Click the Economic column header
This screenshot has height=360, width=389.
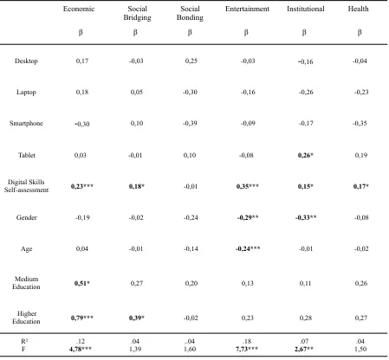pyautogui.click(x=79, y=9)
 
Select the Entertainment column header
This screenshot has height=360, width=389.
pyautogui.click(x=247, y=9)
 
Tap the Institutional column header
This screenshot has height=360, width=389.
pyautogui.click(x=306, y=9)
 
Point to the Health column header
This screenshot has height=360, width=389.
pyautogui.click(x=358, y=9)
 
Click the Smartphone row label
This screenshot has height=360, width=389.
pyautogui.click(x=26, y=124)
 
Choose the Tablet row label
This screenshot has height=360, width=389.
pyautogui.click(x=27, y=155)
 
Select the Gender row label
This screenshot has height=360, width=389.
pyautogui.click(x=27, y=217)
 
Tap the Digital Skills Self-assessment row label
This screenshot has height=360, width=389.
pyautogui.click(x=26, y=186)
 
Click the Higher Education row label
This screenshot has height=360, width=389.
pyautogui.click(x=26, y=318)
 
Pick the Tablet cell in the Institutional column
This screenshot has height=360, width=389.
pyautogui.click(x=306, y=155)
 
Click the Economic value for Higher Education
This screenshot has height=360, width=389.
pyautogui.click(x=82, y=318)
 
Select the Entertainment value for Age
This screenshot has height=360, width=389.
pyautogui.click(x=248, y=248)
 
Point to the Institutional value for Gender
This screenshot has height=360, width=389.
pyautogui.click(x=306, y=217)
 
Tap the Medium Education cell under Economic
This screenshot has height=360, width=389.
pyautogui.click(x=82, y=283)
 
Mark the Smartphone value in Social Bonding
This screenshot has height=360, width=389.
pyautogui.click(x=190, y=124)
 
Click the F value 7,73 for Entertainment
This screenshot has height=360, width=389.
pyautogui.click(x=247, y=349)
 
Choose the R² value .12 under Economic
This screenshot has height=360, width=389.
pyautogui.click(x=81, y=341)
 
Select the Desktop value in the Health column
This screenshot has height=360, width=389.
pyautogui.click(x=360, y=61)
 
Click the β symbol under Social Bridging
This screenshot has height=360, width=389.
pyautogui.click(x=135, y=33)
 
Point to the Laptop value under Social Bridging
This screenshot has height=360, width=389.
pyautogui.click(x=137, y=93)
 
